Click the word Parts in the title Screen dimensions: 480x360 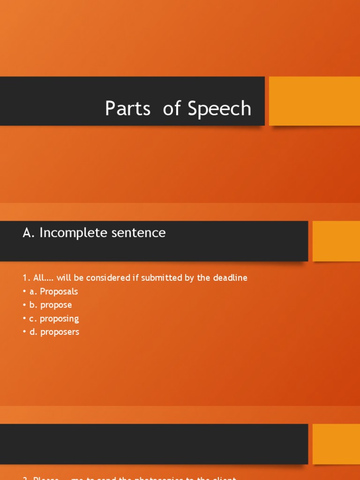pos(127,109)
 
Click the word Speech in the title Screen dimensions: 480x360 pos(219,109)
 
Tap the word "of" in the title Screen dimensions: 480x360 pos(172,109)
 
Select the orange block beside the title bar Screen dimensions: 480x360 pos(314,101)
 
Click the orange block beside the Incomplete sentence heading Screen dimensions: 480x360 pos(336,241)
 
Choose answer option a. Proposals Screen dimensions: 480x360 pos(53,292)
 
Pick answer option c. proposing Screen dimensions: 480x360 pos(54,319)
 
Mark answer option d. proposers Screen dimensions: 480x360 pos(54,332)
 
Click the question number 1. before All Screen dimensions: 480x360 pos(26,278)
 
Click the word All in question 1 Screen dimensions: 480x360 pos(38,278)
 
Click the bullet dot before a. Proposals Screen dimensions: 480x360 pos(24,292)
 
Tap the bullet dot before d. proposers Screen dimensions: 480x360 pos(24,332)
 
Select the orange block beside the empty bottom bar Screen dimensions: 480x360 pos(336,444)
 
